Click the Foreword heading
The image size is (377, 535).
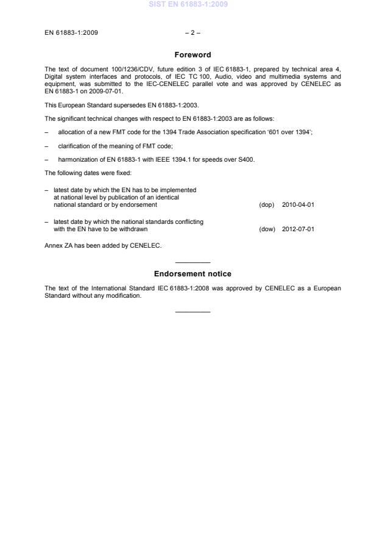(x=192, y=55)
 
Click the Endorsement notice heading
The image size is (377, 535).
(x=192, y=274)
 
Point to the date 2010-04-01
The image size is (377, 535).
(x=298, y=204)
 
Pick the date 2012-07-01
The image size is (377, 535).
(x=298, y=229)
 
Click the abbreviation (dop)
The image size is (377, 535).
(x=267, y=204)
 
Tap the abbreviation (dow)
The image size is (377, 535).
(x=267, y=229)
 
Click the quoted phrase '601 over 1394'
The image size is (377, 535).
(x=292, y=132)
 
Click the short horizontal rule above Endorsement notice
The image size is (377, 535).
(x=192, y=262)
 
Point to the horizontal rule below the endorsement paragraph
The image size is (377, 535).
(x=192, y=312)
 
